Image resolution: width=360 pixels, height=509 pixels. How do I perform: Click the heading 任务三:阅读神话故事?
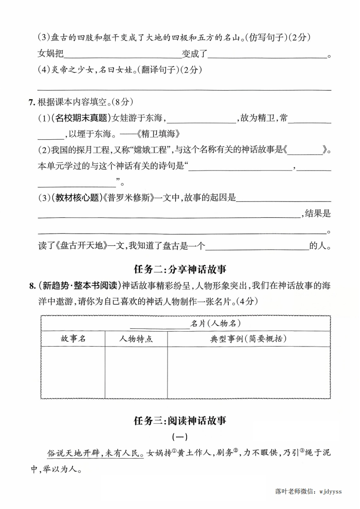(x=180, y=421)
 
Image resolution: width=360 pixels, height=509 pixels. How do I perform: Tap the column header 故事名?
(x=73, y=338)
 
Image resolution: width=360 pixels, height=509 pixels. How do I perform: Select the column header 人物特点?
(x=136, y=338)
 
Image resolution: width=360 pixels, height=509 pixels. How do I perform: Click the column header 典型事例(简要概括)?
(x=248, y=338)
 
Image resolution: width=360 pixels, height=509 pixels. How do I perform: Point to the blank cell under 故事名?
(x=73, y=372)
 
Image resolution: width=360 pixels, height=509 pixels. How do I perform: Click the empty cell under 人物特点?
(x=136, y=372)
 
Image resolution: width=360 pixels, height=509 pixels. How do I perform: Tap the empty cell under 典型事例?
(x=248, y=372)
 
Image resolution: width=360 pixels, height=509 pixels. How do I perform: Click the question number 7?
(x=31, y=103)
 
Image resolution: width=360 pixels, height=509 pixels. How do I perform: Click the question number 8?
(x=31, y=285)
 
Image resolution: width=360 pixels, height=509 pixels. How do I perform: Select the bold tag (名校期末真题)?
(x=81, y=118)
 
